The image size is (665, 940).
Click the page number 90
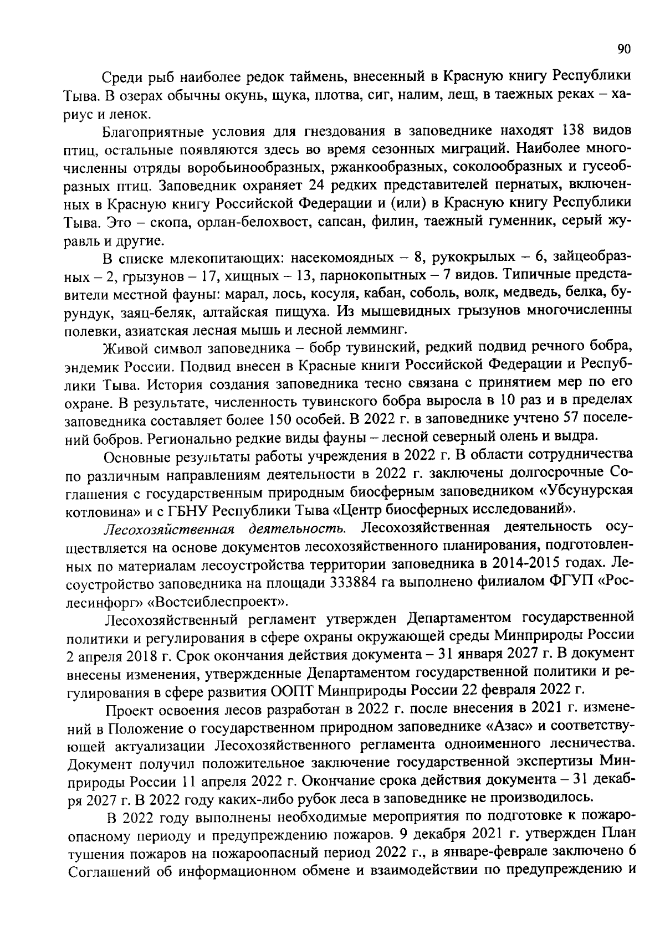[624, 49]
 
